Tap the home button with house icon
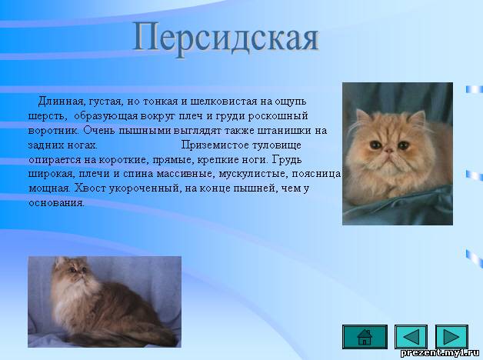365,337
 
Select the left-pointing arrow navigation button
411,337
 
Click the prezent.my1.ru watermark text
440,353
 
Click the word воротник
53,130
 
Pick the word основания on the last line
55,203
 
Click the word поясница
316,174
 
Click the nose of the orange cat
389,151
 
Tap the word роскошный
278,116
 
